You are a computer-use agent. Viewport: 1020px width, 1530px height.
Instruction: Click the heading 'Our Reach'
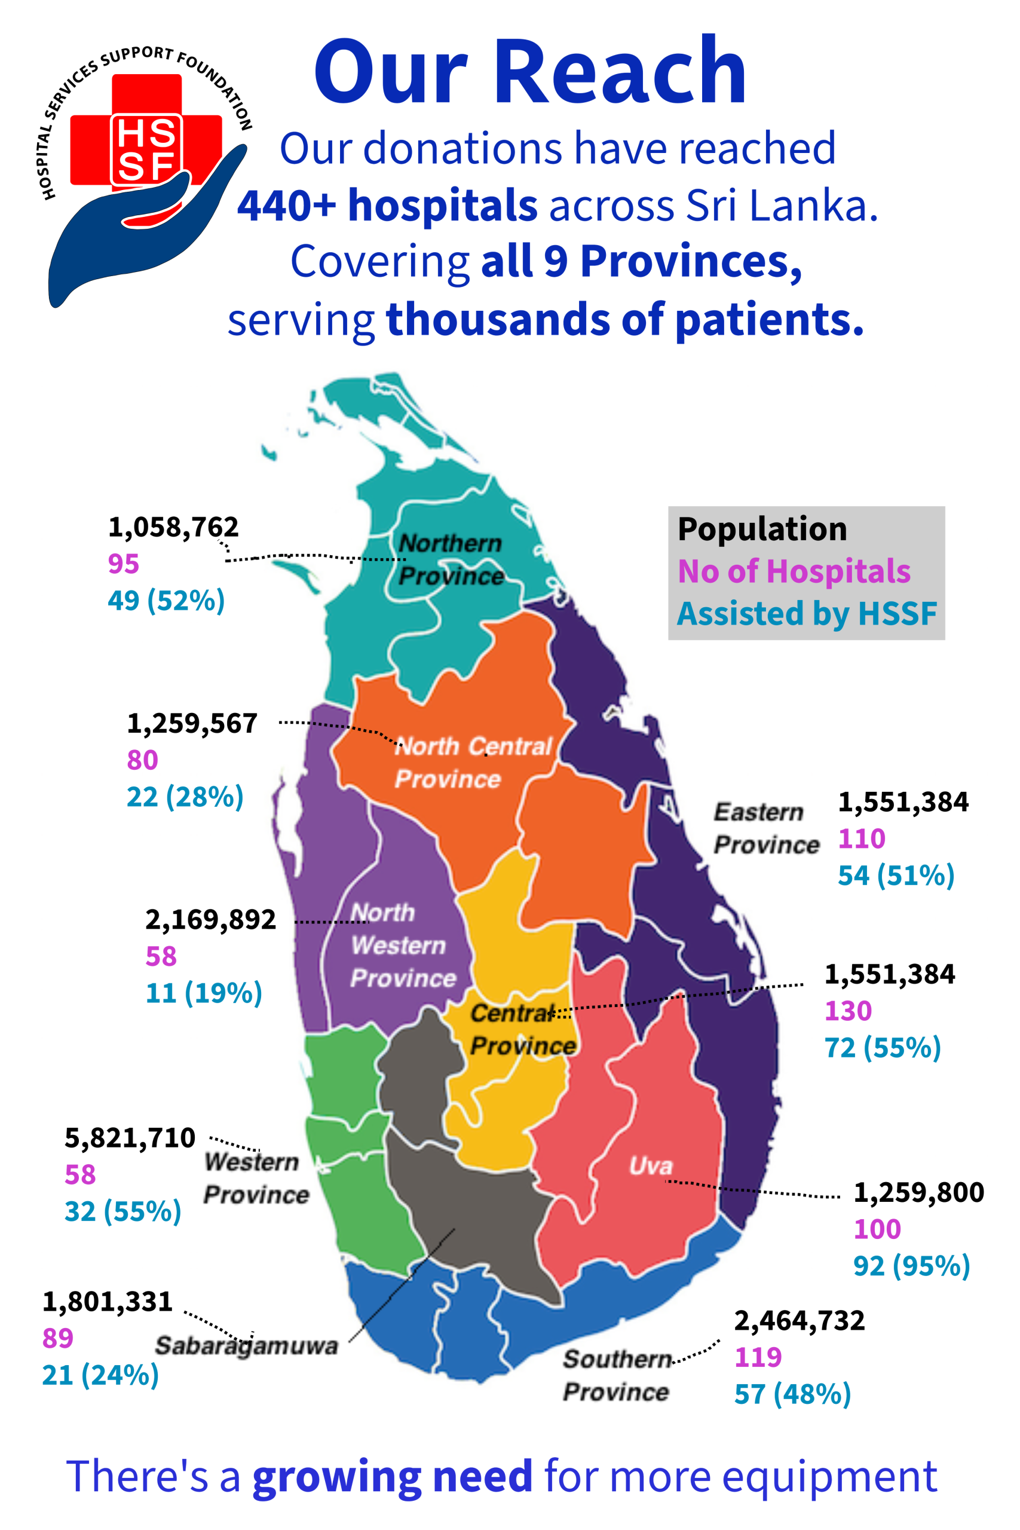(x=529, y=71)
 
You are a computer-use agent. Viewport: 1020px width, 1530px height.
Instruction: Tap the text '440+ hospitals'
(x=387, y=206)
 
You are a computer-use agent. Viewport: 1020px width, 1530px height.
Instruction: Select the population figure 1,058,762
(x=173, y=527)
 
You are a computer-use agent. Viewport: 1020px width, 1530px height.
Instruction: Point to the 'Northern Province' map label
(x=450, y=559)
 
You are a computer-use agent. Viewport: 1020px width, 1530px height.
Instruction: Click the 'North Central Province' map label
(x=473, y=763)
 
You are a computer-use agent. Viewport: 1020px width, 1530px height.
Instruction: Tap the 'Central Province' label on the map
(x=522, y=1030)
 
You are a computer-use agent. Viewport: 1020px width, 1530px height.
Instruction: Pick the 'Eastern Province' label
(x=765, y=828)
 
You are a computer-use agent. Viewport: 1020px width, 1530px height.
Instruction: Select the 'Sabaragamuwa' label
(x=247, y=1346)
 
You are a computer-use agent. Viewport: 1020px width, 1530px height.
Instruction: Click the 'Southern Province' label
(x=616, y=1375)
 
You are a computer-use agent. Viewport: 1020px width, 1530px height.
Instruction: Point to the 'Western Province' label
(x=256, y=1178)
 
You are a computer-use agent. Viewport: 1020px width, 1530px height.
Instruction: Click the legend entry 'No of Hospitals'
(x=794, y=572)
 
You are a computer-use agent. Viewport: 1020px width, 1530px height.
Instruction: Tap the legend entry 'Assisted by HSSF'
(x=807, y=613)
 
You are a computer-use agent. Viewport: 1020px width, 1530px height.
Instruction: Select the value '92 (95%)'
(x=911, y=1266)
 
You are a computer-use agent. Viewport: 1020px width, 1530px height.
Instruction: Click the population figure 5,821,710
(x=130, y=1138)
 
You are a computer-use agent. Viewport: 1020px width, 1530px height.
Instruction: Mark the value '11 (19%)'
(x=204, y=993)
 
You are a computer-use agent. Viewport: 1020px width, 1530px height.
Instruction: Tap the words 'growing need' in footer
(x=392, y=1476)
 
